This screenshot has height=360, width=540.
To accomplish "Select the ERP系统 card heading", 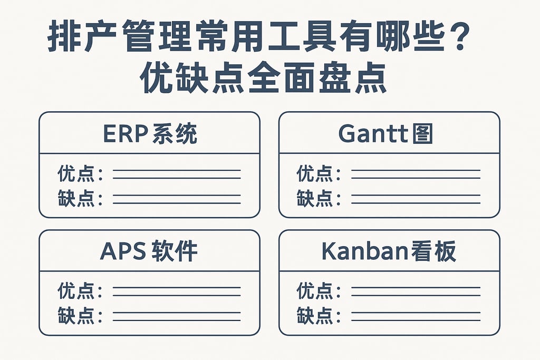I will coord(149,134).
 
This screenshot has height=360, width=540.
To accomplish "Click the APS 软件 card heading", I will coord(149,252).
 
